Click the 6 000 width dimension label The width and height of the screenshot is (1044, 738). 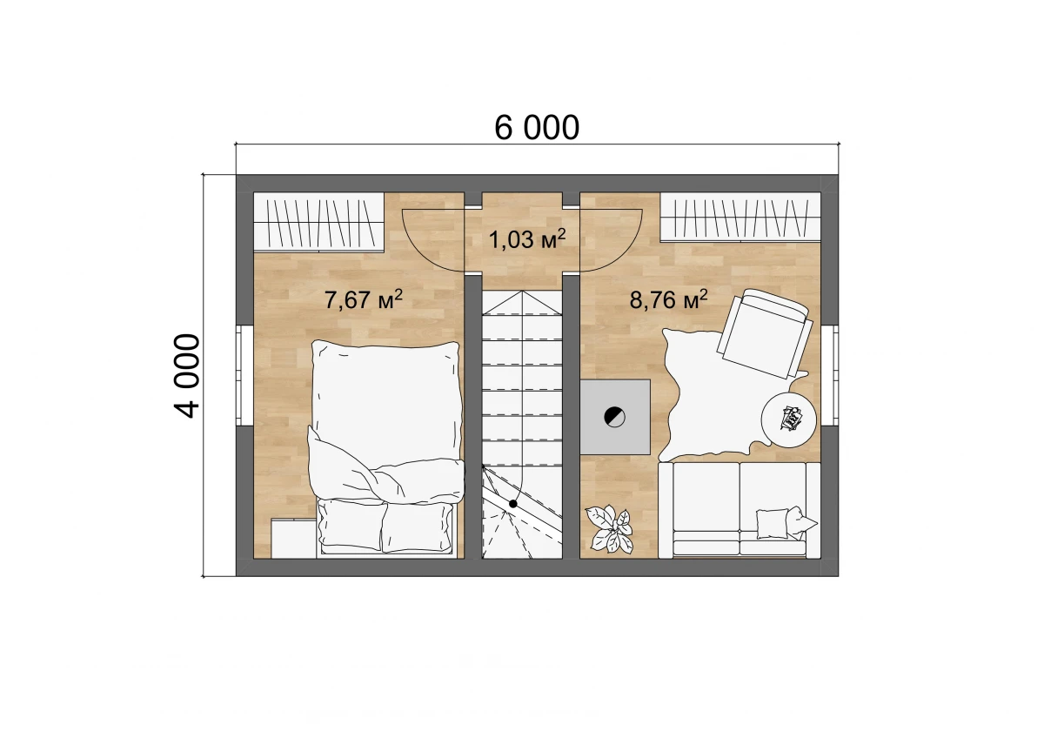pos(537,127)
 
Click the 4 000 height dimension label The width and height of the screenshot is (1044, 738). pos(187,376)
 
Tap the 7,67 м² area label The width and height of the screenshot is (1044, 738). pos(363,299)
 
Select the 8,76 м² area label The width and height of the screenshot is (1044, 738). pos(668,299)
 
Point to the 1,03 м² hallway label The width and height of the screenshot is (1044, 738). pos(527,239)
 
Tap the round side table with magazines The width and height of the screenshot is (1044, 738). pos(788,419)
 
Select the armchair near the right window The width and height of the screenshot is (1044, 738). pos(765,332)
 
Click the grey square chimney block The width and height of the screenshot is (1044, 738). pos(615,417)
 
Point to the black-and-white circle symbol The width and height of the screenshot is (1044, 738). pos(614,416)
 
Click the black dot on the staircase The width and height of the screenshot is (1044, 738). pos(512,504)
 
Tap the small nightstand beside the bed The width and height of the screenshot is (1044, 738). pos(294,538)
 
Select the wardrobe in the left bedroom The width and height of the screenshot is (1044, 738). pos(318,222)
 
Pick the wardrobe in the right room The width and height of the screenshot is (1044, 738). pos(740,218)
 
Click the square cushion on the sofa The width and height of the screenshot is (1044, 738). pos(773,523)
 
